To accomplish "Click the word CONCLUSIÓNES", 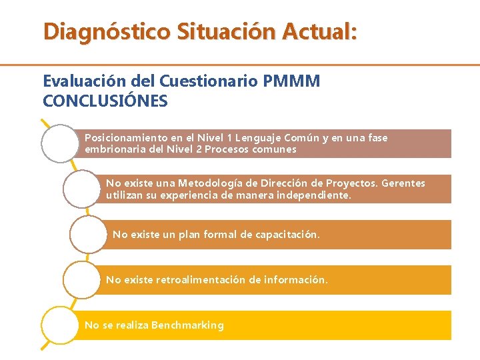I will [105, 101].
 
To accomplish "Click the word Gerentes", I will [403, 183].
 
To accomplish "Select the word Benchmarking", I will [187, 325].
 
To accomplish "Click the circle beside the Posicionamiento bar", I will [60, 143].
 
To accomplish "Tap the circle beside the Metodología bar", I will [81, 189].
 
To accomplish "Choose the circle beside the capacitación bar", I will [88, 234].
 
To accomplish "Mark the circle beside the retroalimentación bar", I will [81, 280].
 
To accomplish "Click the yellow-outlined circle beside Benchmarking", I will [60, 325].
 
